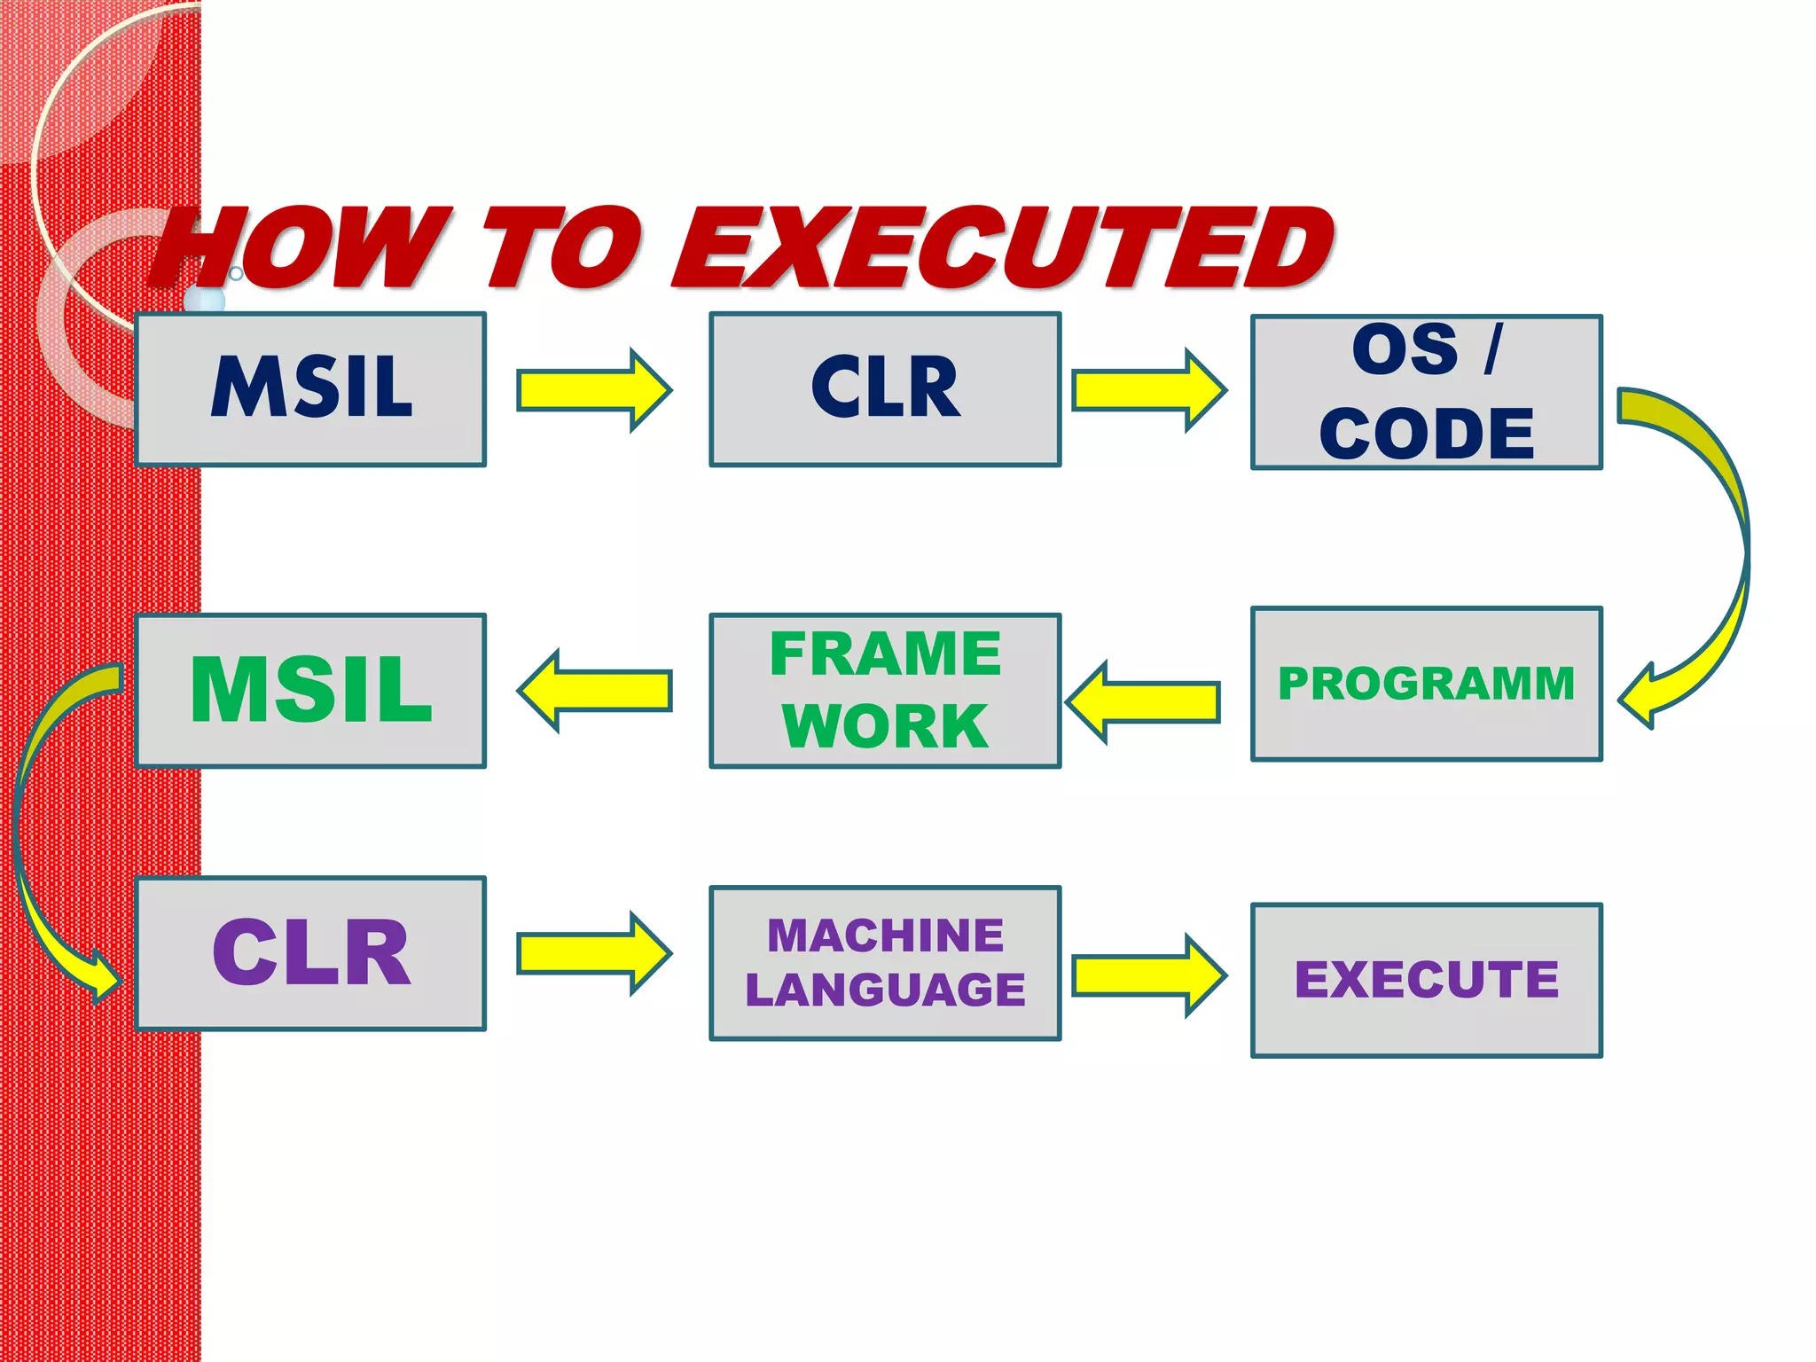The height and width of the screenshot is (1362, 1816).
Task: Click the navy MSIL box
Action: tap(310, 388)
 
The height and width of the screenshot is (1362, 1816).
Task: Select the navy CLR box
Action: tap(885, 388)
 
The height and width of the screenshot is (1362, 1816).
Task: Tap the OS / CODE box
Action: tap(1426, 392)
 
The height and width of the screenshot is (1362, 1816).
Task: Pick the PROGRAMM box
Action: tap(1426, 684)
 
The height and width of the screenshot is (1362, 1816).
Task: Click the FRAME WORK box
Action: tap(885, 690)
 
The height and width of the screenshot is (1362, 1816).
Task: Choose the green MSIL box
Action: tap(310, 690)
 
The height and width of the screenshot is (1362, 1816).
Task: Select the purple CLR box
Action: tap(310, 953)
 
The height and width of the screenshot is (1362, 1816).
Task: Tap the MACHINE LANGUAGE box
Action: tap(885, 962)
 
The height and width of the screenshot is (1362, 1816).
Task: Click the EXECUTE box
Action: tap(1426, 980)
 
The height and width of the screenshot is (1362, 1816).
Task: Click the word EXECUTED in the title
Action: tap(1002, 248)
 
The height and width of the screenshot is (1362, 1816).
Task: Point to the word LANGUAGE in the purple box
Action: tap(885, 990)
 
